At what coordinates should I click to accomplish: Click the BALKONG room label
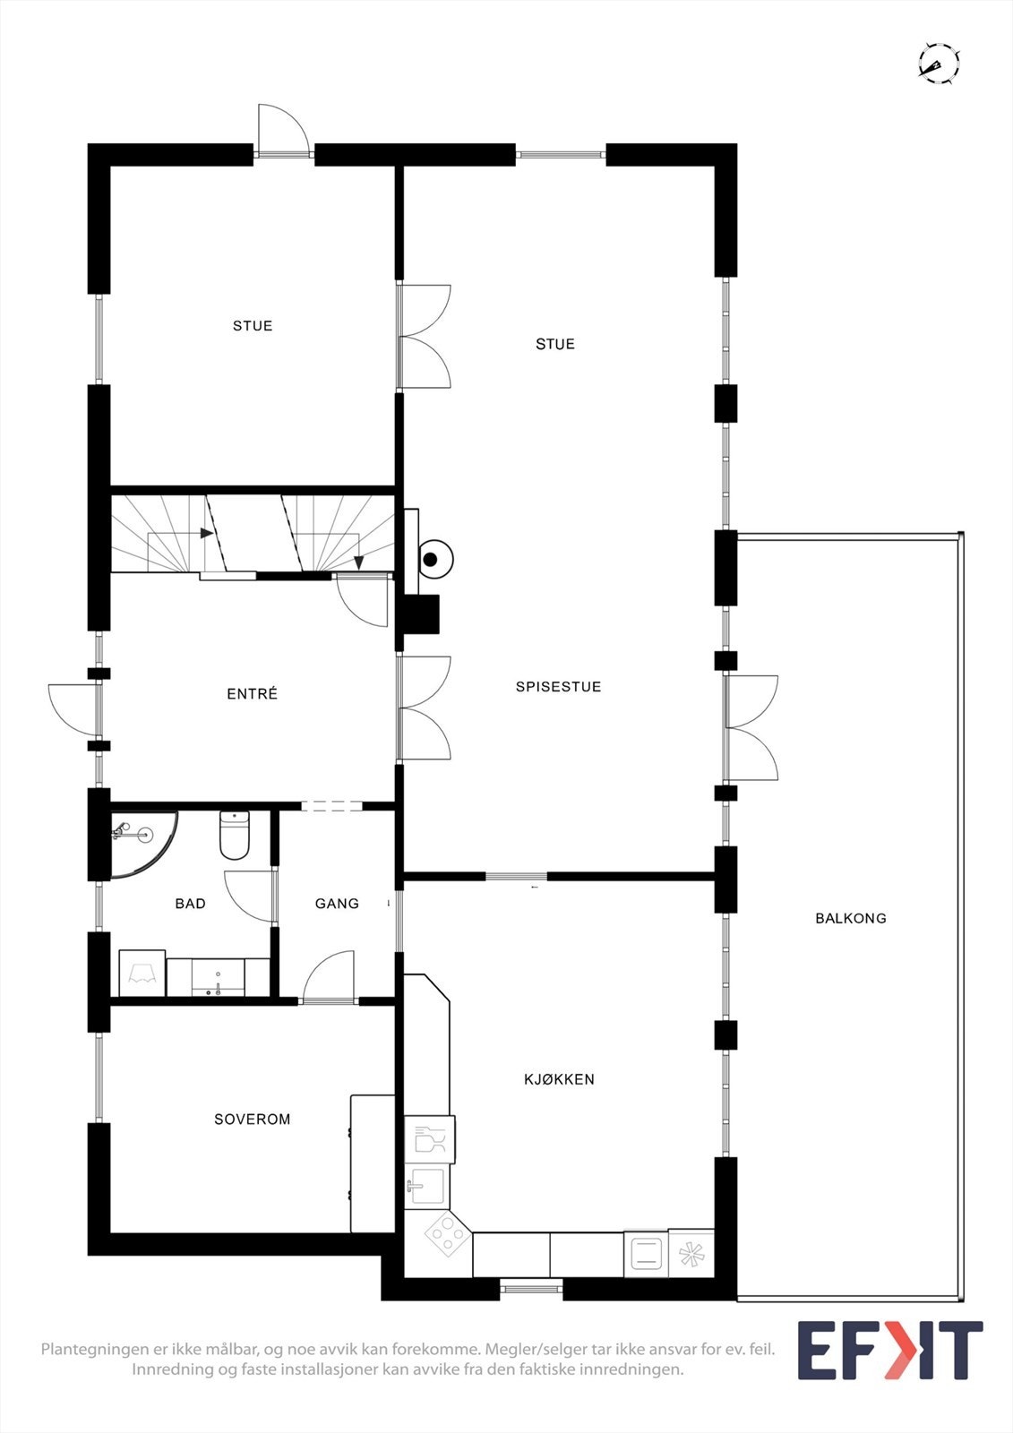tap(850, 918)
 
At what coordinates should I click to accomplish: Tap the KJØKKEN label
tap(559, 1079)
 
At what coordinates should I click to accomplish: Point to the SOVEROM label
tap(253, 1119)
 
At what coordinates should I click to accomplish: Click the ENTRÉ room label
tap(253, 694)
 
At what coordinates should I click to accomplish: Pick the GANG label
tap(337, 904)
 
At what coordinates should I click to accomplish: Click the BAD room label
tap(190, 904)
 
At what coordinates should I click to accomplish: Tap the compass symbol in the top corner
tap(939, 64)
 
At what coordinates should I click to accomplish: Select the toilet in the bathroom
tap(234, 834)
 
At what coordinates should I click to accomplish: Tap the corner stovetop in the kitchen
tap(445, 1237)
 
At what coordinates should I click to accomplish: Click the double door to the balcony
tap(751, 727)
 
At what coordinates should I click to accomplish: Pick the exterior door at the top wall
tap(283, 133)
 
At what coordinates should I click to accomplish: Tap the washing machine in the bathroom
tap(142, 973)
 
